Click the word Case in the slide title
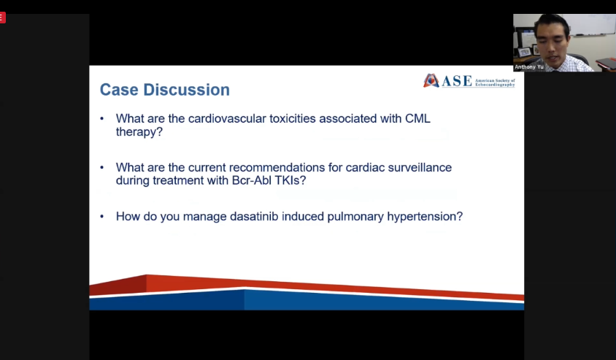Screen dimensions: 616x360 [119, 90]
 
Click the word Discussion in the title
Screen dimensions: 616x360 [187, 90]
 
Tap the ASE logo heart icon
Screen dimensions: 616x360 [431, 80]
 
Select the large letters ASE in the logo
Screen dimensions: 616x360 [456, 81]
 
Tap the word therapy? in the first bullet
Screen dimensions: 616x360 [139, 131]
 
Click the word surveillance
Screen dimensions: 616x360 [420, 167]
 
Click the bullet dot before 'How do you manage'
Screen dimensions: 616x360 [102, 217]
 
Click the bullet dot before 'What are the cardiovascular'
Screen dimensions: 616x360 [102, 119]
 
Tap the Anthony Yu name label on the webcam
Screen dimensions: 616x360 [529, 66]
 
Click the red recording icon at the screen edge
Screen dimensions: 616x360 [2, 18]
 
